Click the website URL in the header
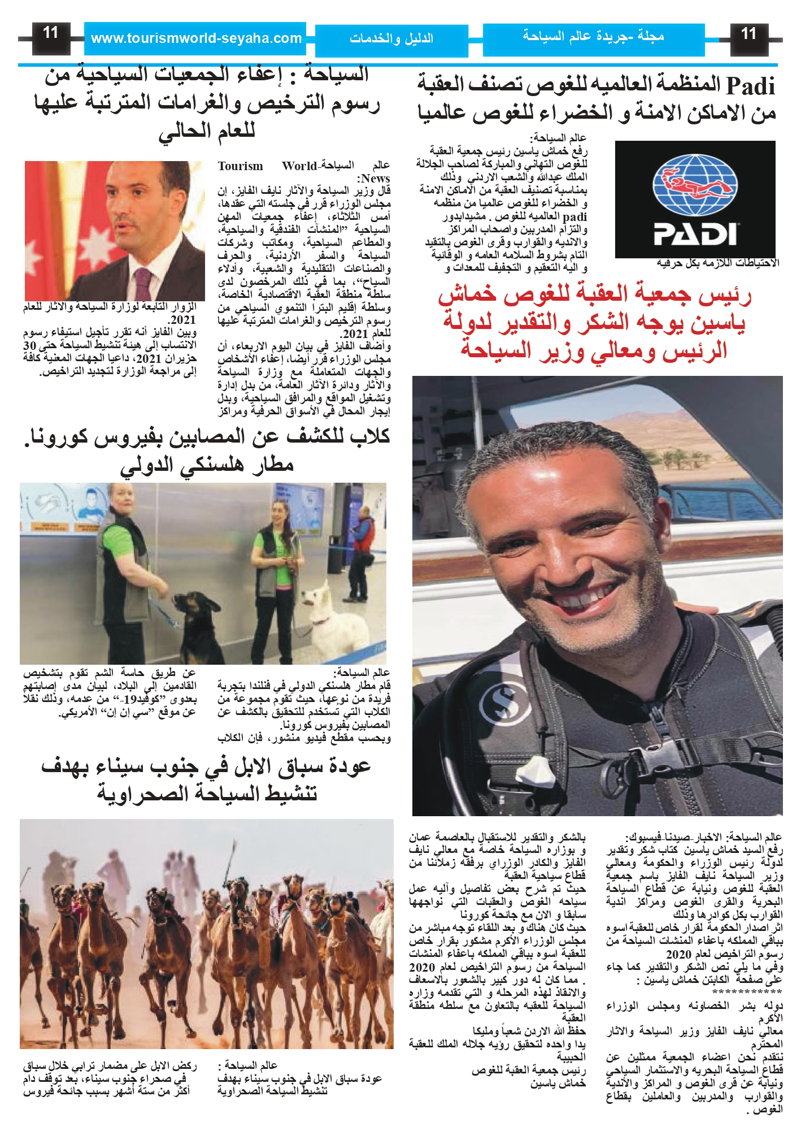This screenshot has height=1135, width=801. (x=195, y=38)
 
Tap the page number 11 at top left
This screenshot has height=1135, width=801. (x=51, y=33)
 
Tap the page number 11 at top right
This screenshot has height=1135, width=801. (x=748, y=34)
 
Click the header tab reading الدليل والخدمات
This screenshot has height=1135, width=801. (x=391, y=39)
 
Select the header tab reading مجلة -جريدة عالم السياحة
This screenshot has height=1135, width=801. (x=593, y=37)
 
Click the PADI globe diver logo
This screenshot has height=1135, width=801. (x=695, y=186)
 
